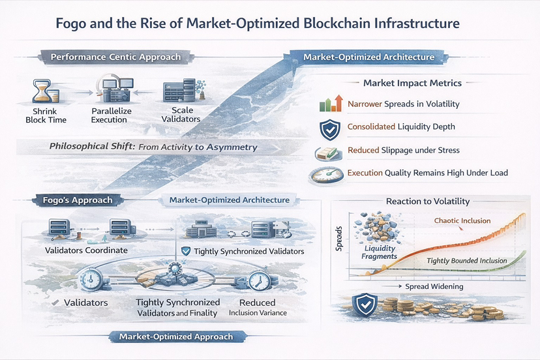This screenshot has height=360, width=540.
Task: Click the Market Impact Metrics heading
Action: [x=412, y=83]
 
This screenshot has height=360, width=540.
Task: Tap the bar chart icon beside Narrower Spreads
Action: [x=331, y=104]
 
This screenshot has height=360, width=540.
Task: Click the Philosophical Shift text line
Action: [x=153, y=147]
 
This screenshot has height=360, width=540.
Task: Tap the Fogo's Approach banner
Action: [x=82, y=200]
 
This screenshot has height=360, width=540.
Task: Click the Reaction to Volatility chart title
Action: [x=427, y=201]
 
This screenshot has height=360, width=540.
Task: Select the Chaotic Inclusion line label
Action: [x=462, y=221]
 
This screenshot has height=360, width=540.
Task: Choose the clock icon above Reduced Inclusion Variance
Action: [x=258, y=280]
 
